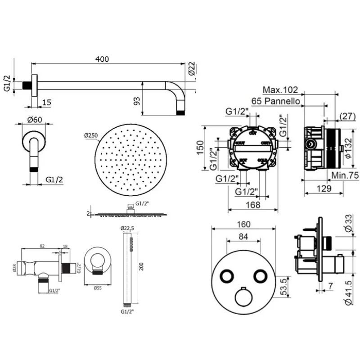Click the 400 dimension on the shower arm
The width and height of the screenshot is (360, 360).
pos(102,59)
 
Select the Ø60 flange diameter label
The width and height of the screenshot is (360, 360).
pos(35,120)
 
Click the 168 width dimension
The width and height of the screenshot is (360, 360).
pos(253,205)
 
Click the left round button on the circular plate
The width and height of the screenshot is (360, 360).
pos(225,275)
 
